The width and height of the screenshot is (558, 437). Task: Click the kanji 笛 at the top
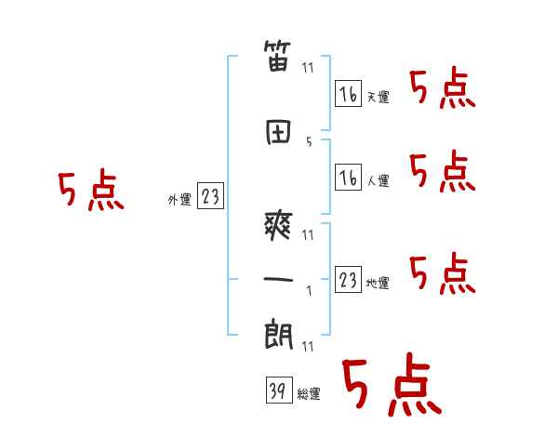277,56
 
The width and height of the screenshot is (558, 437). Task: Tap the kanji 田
278,132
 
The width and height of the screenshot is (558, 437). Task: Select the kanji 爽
278,225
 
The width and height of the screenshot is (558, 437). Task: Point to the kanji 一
278,279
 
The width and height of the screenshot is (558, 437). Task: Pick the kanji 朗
278,335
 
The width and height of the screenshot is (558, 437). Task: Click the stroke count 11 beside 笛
308,68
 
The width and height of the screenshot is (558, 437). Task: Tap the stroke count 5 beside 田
309,141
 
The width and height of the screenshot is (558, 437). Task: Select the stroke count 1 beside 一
310,291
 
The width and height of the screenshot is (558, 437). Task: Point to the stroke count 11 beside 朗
308,346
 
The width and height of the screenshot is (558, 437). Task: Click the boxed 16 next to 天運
348,93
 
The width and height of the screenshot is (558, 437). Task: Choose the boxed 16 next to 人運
348,177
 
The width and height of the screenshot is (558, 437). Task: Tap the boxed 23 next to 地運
348,279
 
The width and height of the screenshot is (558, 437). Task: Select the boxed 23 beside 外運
210,195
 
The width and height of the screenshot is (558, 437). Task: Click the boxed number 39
279,390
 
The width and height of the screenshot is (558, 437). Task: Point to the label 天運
378,97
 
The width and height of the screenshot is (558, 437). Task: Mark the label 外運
179,199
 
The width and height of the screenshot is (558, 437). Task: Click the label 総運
309,394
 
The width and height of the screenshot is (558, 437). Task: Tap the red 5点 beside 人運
443,171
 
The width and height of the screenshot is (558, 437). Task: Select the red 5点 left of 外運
91,190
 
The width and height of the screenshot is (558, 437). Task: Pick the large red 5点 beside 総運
392,384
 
